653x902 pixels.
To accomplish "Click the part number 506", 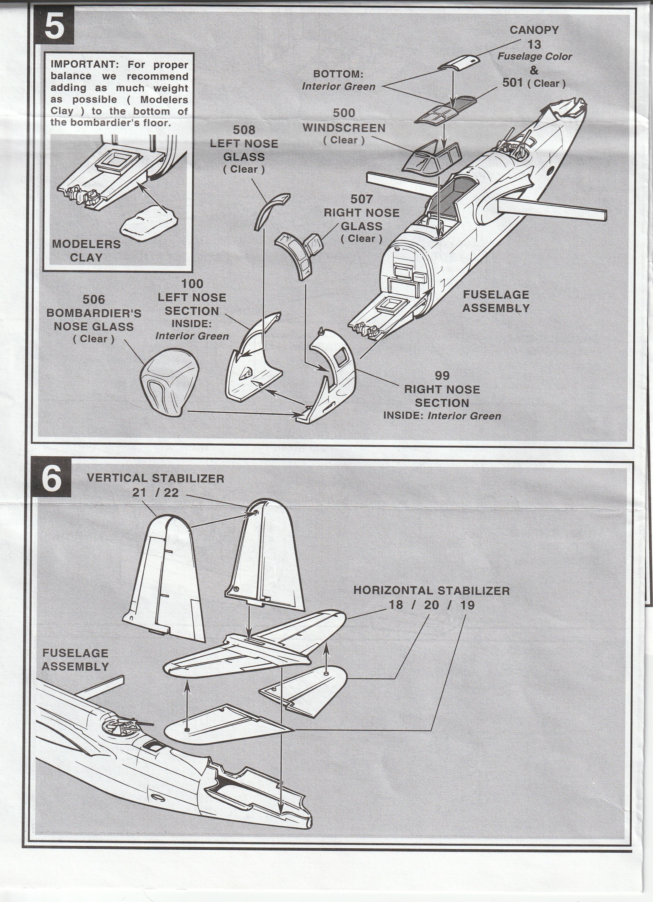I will pyautogui.click(x=94, y=299).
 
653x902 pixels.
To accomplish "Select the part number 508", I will pyautogui.click(x=244, y=130).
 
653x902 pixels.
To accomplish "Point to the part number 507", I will pyautogui.click(x=361, y=199).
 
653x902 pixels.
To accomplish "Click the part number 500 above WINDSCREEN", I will pyautogui.click(x=344, y=113).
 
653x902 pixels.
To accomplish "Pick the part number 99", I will pyautogui.click(x=442, y=375).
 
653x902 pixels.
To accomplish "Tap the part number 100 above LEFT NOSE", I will pyautogui.click(x=192, y=284).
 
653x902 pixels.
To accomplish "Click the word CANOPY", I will pyautogui.click(x=534, y=30).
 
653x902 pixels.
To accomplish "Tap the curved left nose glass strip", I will pyautogui.click(x=270, y=209).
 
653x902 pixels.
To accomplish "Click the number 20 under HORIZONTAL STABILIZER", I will pyautogui.click(x=431, y=605).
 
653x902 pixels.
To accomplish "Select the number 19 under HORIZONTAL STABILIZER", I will pyautogui.click(x=467, y=605).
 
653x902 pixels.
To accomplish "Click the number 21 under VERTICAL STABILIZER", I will pyautogui.click(x=139, y=493).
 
